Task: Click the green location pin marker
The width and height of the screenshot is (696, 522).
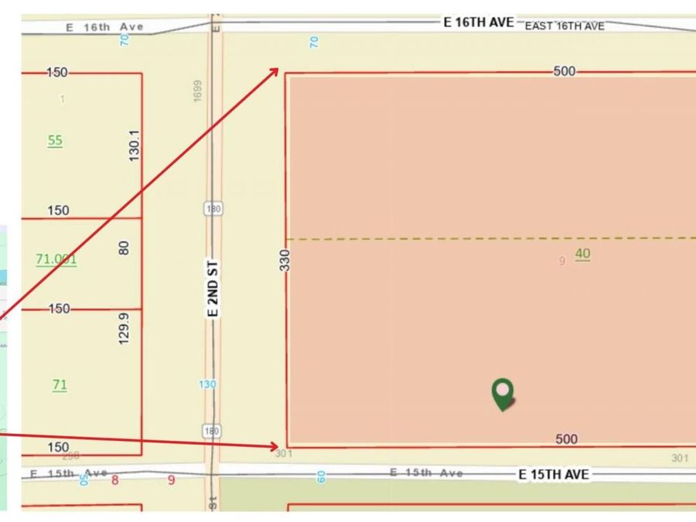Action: coord(503,393)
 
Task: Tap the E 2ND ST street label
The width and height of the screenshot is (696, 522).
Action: coord(214,288)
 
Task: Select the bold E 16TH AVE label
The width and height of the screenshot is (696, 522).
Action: coord(478,22)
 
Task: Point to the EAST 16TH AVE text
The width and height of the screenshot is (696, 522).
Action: coord(565,26)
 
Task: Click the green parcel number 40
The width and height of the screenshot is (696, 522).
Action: coord(582,254)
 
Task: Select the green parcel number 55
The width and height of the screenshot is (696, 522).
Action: coord(55,140)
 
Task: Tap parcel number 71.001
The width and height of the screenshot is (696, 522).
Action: coord(56,259)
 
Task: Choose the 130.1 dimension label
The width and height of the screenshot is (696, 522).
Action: coord(134,146)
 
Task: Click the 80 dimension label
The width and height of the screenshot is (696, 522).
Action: coord(125,248)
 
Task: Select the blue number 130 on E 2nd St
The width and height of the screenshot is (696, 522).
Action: coord(207,384)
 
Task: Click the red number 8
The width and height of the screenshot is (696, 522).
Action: coord(115,479)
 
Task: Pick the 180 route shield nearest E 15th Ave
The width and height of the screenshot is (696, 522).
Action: coord(212,431)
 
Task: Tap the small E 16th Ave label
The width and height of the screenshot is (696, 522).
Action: coord(105,27)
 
